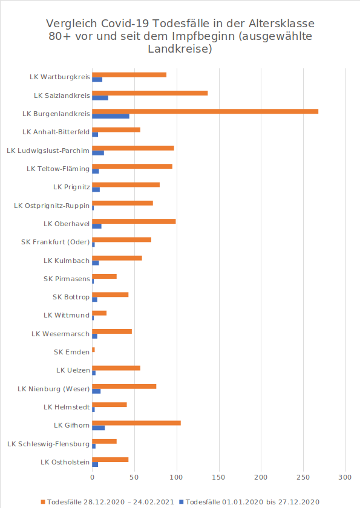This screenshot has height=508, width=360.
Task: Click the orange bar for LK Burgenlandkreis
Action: click(x=205, y=111)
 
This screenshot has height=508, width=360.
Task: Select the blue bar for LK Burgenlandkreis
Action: click(x=111, y=116)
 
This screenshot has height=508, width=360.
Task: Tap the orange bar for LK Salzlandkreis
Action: click(x=150, y=93)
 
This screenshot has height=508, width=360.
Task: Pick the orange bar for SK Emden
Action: click(x=93, y=350)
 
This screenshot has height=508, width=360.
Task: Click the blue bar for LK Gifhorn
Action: click(x=99, y=428)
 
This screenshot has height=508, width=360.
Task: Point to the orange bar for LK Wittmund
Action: click(x=99, y=313)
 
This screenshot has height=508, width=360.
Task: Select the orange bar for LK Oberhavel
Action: click(x=134, y=221)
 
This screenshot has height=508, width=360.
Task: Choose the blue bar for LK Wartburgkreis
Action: click(x=97, y=80)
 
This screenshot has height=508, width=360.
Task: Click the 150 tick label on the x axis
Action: click(x=218, y=477)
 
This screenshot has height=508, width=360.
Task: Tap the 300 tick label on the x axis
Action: click(x=345, y=477)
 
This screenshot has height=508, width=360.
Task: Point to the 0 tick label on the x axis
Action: click(x=93, y=477)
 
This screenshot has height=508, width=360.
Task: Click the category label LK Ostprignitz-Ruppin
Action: click(x=52, y=206)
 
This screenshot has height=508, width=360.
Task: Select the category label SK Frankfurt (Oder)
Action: click(x=56, y=242)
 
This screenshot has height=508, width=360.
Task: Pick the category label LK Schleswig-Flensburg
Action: click(x=48, y=444)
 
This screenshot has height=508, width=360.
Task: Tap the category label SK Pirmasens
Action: click(x=67, y=279)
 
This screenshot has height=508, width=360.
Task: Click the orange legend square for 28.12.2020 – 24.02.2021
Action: click(x=43, y=502)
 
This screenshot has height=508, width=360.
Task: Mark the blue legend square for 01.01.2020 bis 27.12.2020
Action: click(x=182, y=502)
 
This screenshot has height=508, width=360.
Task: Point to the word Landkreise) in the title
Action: click(x=180, y=49)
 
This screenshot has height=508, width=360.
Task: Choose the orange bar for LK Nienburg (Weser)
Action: click(x=125, y=386)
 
